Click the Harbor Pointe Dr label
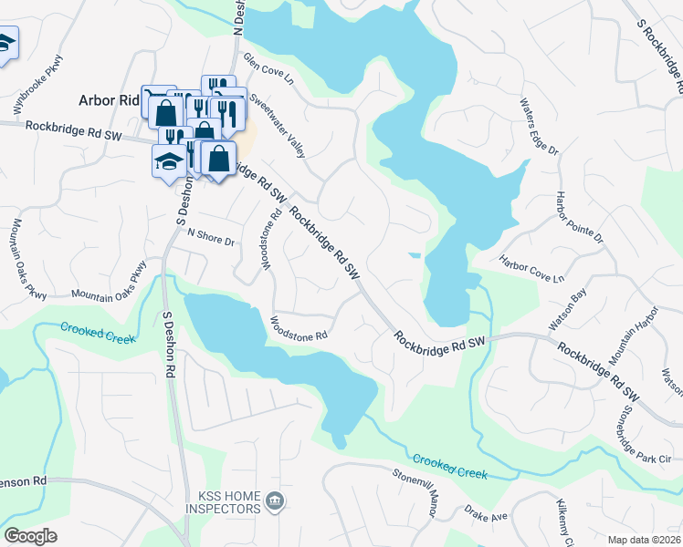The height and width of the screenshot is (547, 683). tap(580, 218)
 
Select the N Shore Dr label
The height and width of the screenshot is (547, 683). tap(211, 239)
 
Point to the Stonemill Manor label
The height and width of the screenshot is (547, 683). tap(417, 489)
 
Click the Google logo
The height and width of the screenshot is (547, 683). tap(30, 536)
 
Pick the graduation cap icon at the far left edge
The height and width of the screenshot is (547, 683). tap(5, 45)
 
